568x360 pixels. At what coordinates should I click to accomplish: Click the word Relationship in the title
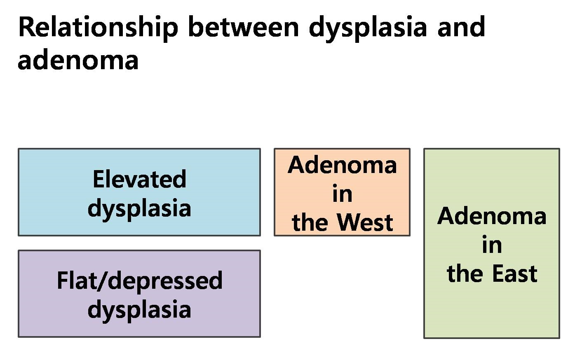(x=98, y=28)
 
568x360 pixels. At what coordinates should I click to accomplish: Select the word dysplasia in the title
(x=368, y=28)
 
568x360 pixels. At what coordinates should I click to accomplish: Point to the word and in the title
(x=461, y=27)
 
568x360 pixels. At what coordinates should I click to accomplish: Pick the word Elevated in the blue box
(x=139, y=179)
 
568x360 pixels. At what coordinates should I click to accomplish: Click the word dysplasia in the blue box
(x=139, y=209)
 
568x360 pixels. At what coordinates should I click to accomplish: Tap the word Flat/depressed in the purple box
(x=139, y=281)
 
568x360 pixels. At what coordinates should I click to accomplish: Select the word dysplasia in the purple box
(x=139, y=310)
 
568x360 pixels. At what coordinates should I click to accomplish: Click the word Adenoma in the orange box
(x=342, y=165)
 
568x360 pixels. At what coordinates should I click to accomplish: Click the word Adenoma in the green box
(x=492, y=215)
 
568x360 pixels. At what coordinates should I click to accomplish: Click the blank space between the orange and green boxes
(x=417, y=192)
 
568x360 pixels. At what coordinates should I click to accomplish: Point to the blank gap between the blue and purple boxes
(x=139, y=243)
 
